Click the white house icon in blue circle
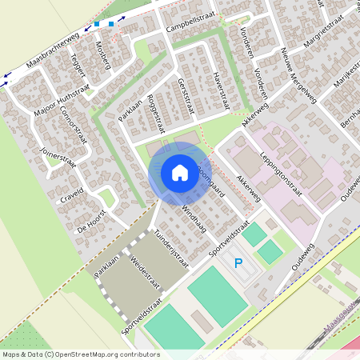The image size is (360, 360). click(179, 172)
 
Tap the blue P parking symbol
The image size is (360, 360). click(237, 262)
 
